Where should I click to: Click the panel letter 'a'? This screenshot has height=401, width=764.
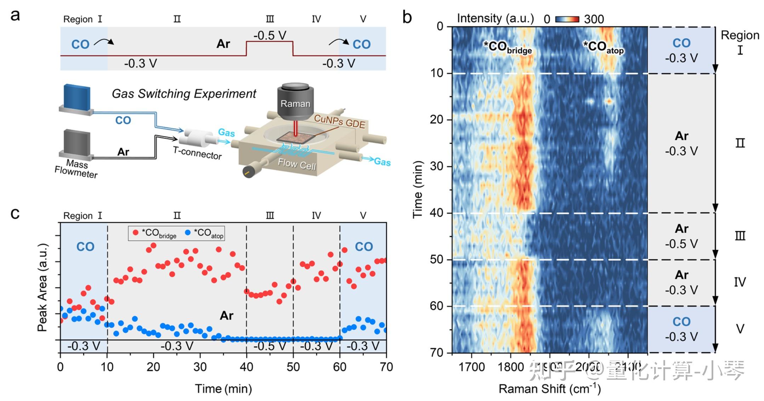[x=15, y=16]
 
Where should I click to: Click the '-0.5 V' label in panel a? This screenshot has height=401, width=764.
[x=270, y=35]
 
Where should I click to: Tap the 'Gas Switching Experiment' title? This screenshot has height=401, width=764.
[x=184, y=94]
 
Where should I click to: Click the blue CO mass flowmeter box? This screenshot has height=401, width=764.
[x=76, y=97]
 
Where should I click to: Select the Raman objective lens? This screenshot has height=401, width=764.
[x=295, y=101]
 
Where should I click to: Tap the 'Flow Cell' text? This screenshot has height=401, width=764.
[x=297, y=164]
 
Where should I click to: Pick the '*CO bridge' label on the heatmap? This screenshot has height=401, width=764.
[x=508, y=47]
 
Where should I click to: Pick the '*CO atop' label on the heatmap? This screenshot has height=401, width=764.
[x=603, y=47]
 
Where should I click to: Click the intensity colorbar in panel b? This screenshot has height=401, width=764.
[x=567, y=19]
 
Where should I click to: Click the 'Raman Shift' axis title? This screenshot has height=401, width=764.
[x=549, y=389]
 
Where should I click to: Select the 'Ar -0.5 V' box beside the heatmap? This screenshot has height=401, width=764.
[x=681, y=236]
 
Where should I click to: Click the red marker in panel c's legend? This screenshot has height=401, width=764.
[x=136, y=233]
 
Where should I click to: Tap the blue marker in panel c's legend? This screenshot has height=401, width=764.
[x=188, y=233]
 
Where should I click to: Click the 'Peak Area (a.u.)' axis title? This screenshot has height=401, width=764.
[x=42, y=287]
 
